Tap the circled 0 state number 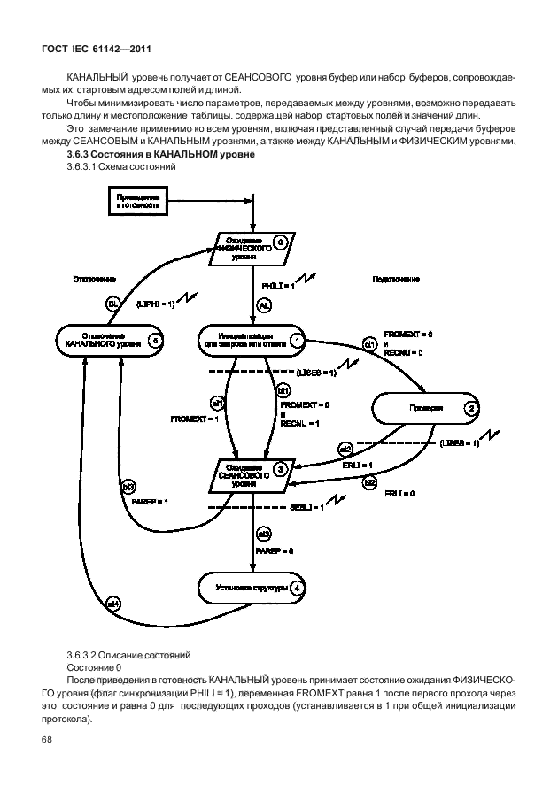(x=279, y=241)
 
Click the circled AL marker (x=263, y=304)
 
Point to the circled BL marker (x=112, y=304)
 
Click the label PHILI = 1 (x=277, y=286)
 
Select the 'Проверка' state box (x=423, y=408)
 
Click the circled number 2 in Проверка (x=472, y=408)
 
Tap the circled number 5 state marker (x=155, y=340)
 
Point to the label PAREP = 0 (x=274, y=550)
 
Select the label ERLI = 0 (x=400, y=492)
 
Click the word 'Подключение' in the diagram (x=396, y=279)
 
